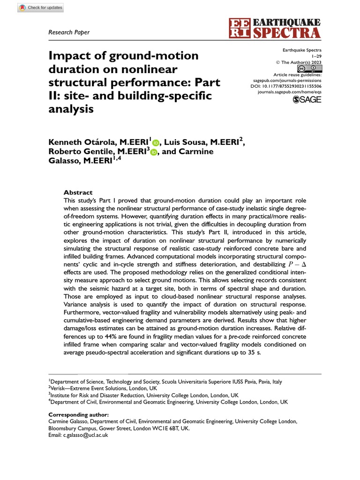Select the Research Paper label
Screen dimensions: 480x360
pyautogui.click(x=69, y=32)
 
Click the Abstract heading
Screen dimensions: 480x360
pyautogui.click(x=78, y=193)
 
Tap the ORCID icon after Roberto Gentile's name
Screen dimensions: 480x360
pyautogui.click(x=154, y=152)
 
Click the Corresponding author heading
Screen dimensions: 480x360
pyautogui.click(x=78, y=415)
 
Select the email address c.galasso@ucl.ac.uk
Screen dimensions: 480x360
pyautogui.click(x=79, y=435)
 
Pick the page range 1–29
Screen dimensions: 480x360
pyautogui.click(x=316, y=56)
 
